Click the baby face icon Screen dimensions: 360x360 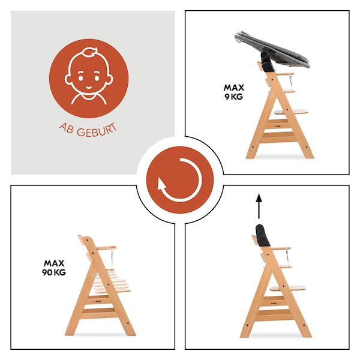[x=89, y=76]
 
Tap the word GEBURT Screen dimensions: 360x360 [x=97, y=131]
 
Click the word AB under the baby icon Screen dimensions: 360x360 [x=67, y=128]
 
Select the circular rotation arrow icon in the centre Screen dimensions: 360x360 [x=180, y=180]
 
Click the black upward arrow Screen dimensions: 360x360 [x=259, y=206]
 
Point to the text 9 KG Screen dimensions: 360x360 [x=234, y=97]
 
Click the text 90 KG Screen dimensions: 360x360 [x=54, y=272]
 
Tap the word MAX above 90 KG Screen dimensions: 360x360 [x=54, y=263]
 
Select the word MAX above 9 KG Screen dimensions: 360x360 [x=234, y=88]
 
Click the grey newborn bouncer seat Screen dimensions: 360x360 [x=272, y=49]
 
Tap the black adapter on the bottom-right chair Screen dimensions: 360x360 [x=263, y=236]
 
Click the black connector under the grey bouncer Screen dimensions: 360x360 [x=267, y=62]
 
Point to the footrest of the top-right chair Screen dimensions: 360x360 [x=291, y=112]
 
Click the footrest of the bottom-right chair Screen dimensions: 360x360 [x=287, y=288]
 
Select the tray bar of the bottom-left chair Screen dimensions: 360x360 [x=107, y=248]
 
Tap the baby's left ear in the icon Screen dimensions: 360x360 [x=68, y=79]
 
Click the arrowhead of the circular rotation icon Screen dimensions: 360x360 [x=161, y=183]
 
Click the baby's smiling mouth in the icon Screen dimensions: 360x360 [x=89, y=88]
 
